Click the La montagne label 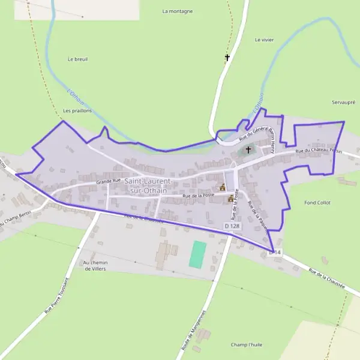pyautogui.click(x=178, y=11)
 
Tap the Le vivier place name pyautogui.click(x=263, y=40)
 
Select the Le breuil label pyautogui.click(x=78, y=59)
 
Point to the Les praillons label pyautogui.click(x=76, y=111)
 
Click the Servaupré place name pyautogui.click(x=344, y=103)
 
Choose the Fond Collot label pyautogui.click(x=317, y=203)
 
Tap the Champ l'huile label pyautogui.click(x=247, y=345)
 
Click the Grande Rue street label pyautogui.click(x=109, y=179)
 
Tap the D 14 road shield pyautogui.click(x=275, y=253)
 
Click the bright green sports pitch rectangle pyautogui.click(x=197, y=254)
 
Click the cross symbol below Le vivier pyautogui.click(x=227, y=58)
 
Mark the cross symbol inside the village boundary pyautogui.click(x=248, y=149)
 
